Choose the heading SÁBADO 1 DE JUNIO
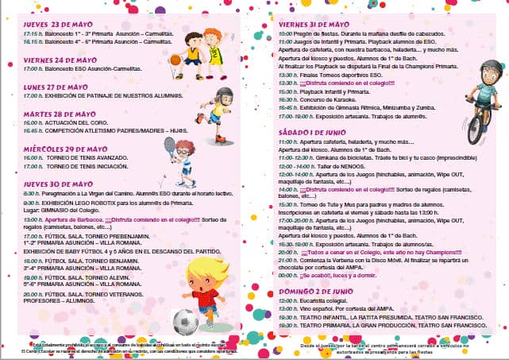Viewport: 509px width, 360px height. pos(313,130)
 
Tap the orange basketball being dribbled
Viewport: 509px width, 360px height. pos(175,60)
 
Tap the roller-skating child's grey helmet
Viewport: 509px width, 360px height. pos(226,95)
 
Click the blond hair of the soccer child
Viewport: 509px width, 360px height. pos(208,269)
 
